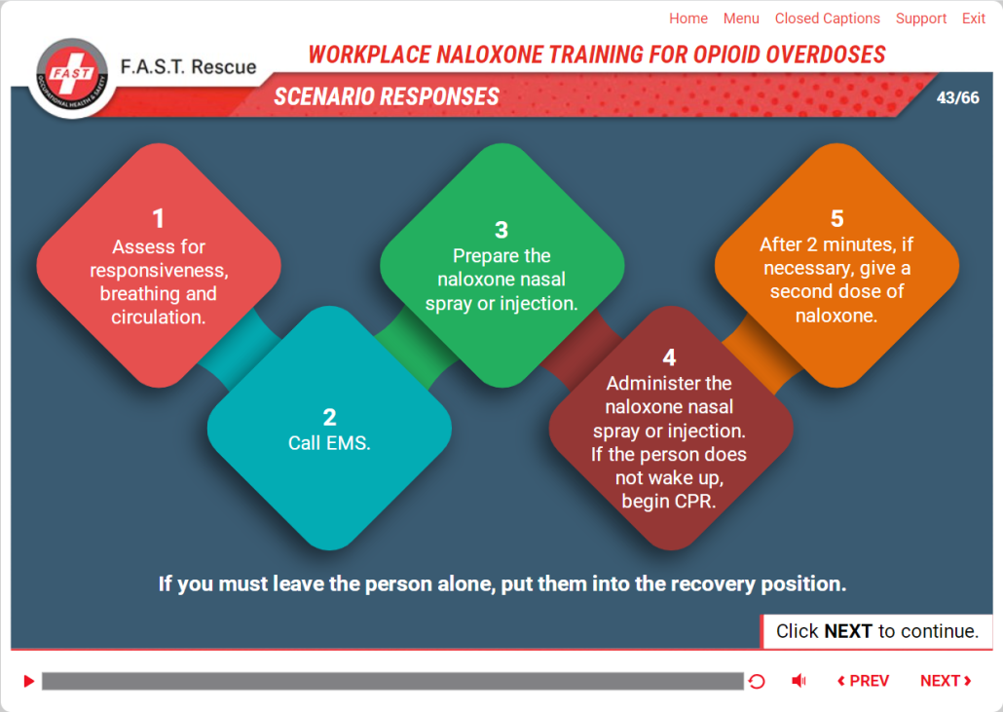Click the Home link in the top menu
pyautogui.click(x=688, y=19)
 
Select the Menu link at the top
pyautogui.click(x=741, y=19)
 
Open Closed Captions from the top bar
pyautogui.click(x=827, y=19)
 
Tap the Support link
pyautogui.click(x=920, y=19)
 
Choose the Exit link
pyautogui.click(x=974, y=19)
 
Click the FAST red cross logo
pyautogui.click(x=72, y=74)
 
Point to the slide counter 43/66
pyautogui.click(x=957, y=97)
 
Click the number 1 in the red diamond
pyautogui.click(x=158, y=219)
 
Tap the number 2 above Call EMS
pyautogui.click(x=329, y=417)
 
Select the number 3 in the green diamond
pyautogui.click(x=501, y=230)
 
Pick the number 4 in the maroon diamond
pyautogui.click(x=669, y=356)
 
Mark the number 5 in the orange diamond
pyautogui.click(x=836, y=219)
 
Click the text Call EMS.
pyautogui.click(x=329, y=442)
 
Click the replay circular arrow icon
pyautogui.click(x=757, y=681)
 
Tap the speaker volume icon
pyautogui.click(x=799, y=681)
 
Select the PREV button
pyautogui.click(x=864, y=681)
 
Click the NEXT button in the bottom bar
pyautogui.click(x=946, y=681)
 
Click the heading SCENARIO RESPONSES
pyautogui.click(x=387, y=96)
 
